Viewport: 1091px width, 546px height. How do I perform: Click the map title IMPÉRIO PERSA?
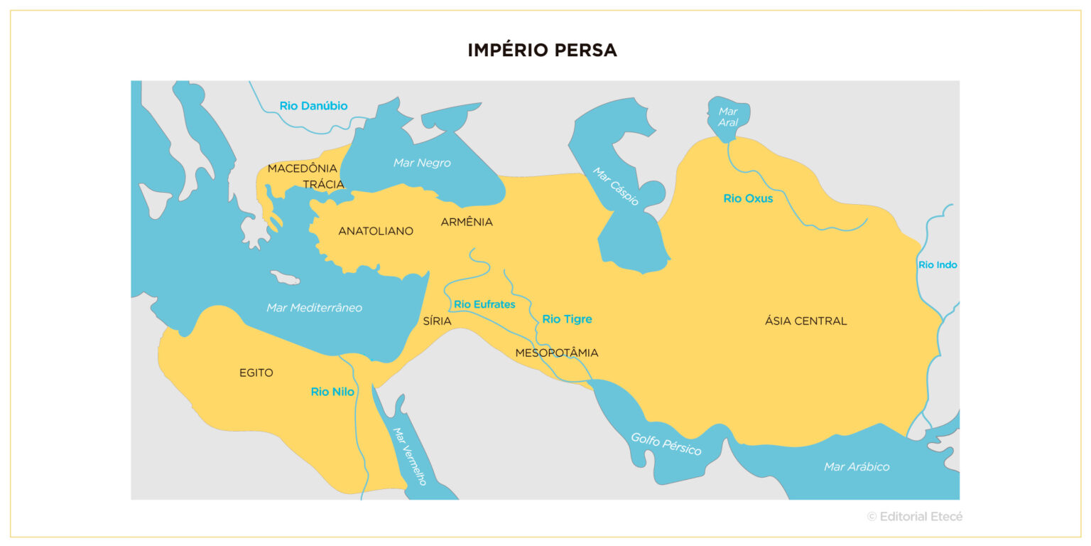pyautogui.click(x=542, y=50)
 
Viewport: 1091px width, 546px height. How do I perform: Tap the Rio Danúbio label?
pyautogui.click(x=313, y=106)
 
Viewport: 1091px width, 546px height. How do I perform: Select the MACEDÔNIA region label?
pyautogui.click(x=302, y=168)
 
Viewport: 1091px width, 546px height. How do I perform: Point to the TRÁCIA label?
pyautogui.click(x=323, y=185)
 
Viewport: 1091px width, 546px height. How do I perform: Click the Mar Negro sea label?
pyautogui.click(x=422, y=163)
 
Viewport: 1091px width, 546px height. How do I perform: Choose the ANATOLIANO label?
pyautogui.click(x=376, y=231)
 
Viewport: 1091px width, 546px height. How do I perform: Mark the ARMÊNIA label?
pyautogui.click(x=467, y=222)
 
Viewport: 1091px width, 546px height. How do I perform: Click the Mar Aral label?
pyautogui.click(x=728, y=117)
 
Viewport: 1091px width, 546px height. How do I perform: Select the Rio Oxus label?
pyautogui.click(x=748, y=198)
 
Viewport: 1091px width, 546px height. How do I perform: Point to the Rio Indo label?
pyautogui.click(x=938, y=265)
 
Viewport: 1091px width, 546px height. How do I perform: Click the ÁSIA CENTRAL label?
pyautogui.click(x=805, y=321)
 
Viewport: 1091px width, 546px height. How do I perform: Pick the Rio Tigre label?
pyautogui.click(x=567, y=319)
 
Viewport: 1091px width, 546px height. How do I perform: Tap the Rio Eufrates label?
pyautogui.click(x=484, y=304)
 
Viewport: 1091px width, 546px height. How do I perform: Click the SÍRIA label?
pyautogui.click(x=437, y=321)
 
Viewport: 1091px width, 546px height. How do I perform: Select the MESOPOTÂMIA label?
pyautogui.click(x=556, y=353)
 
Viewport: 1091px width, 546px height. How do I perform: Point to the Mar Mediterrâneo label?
pyautogui.click(x=314, y=308)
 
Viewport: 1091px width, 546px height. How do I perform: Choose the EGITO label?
pyautogui.click(x=256, y=373)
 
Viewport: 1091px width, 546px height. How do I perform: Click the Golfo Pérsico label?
pyautogui.click(x=666, y=444)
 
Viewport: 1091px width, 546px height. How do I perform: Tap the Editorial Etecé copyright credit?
pyautogui.click(x=915, y=517)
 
